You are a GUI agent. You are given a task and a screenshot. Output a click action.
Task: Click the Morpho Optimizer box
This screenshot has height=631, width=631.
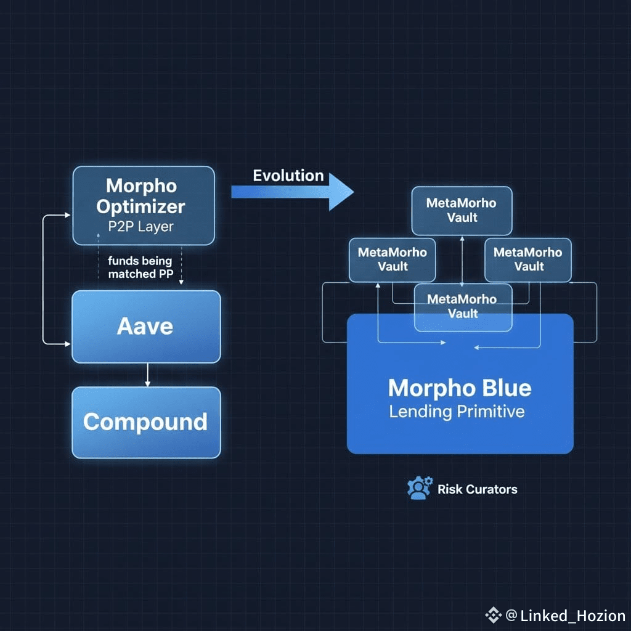(x=144, y=205)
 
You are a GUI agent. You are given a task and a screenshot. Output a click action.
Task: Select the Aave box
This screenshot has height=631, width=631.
(x=145, y=327)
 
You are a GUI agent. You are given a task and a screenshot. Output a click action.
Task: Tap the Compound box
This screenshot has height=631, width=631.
(x=145, y=423)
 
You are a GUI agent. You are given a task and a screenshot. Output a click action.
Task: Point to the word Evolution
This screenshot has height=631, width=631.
(x=288, y=176)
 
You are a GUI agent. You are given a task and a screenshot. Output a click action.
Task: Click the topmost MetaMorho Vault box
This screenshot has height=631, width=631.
(x=462, y=210)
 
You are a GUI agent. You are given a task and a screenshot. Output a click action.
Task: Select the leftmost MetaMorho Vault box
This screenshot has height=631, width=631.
(x=392, y=259)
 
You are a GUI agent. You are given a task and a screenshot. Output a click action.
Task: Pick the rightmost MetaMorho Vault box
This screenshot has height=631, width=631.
(x=528, y=259)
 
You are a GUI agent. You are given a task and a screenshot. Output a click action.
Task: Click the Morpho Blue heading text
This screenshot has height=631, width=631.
(x=460, y=388)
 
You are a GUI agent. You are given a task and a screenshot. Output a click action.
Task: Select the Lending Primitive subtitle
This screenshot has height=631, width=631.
(x=457, y=412)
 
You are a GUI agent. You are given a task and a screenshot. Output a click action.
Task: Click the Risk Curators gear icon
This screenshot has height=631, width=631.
(x=420, y=488)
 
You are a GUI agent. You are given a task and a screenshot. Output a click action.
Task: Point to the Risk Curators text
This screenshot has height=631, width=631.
(x=478, y=489)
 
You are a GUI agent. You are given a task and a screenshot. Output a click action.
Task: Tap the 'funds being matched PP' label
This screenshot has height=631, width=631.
(x=140, y=267)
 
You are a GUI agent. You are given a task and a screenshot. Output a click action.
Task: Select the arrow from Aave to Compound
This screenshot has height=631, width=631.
(x=147, y=375)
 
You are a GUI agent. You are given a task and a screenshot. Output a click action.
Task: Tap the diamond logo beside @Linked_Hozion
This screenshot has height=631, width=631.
(x=493, y=614)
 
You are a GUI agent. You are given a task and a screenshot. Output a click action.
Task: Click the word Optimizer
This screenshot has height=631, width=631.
(x=141, y=206)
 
